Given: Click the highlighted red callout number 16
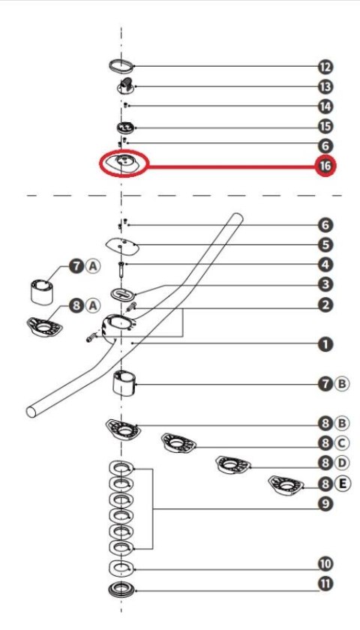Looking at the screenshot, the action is [325, 166].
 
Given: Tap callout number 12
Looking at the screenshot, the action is [325, 67].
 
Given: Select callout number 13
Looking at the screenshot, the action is [325, 86].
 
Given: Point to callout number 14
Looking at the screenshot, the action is [325, 106].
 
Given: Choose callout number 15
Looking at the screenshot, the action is [325, 127].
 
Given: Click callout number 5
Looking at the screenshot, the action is [325, 244].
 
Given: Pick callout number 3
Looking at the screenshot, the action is [325, 285].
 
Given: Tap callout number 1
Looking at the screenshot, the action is [325, 344].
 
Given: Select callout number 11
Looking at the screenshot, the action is [325, 583].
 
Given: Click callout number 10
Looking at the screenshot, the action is [325, 564].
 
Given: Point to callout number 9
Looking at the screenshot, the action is [325, 504].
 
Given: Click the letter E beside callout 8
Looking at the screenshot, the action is [342, 483].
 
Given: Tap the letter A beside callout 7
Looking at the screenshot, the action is [93, 266].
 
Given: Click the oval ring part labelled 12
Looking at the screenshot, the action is [121, 66].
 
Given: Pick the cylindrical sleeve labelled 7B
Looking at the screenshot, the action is [124, 383].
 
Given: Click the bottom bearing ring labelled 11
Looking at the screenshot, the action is [121, 589].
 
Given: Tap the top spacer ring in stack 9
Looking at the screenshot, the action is [121, 469].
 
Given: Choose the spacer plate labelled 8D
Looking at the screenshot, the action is [233, 465].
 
